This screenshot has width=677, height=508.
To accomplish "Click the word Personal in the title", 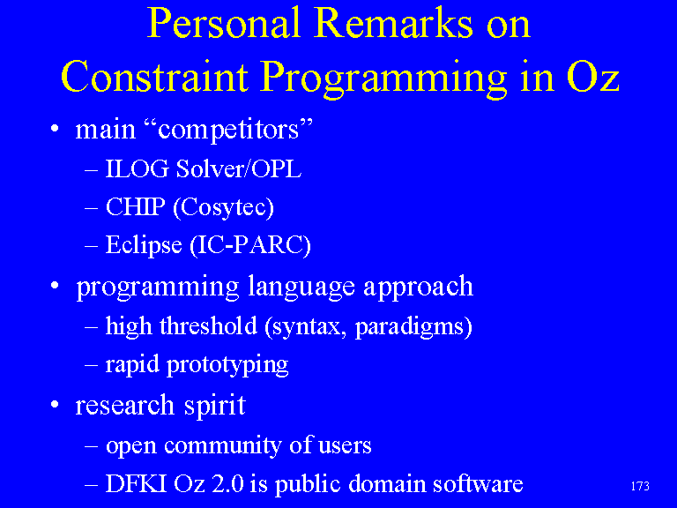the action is tap(224, 24).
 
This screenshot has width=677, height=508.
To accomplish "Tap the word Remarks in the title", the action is tap(393, 24).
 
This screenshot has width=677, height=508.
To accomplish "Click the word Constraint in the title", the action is tap(155, 77).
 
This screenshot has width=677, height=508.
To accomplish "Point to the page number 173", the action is tap(640, 487).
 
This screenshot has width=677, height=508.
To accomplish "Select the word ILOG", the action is tap(137, 169).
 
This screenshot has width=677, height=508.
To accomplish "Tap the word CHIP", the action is tap(136, 207).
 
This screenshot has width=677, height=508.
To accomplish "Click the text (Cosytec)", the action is tap(223, 208).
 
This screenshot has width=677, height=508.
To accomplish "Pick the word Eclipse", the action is tap(144, 246).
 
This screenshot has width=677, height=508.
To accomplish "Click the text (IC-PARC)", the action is tap(250, 246).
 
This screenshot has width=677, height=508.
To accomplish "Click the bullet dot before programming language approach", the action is tap(55, 286).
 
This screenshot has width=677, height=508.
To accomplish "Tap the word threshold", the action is tap(209, 325).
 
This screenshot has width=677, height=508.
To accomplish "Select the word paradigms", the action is tap(413, 327).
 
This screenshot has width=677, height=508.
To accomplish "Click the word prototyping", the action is tap(227, 365).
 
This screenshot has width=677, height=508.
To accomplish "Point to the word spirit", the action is tap(215, 406).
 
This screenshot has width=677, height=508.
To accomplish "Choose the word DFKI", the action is tap(136, 484).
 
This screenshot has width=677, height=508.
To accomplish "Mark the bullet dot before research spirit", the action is tap(55, 405).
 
